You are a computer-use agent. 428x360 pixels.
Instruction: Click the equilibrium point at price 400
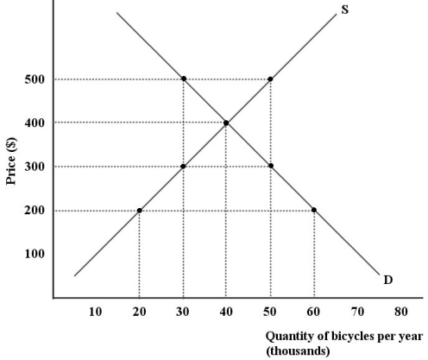tap(227, 123)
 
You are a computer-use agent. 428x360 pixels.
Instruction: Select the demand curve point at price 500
tap(184, 79)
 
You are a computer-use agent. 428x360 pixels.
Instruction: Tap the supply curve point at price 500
tap(271, 79)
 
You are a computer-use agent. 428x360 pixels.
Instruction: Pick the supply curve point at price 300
tap(184, 167)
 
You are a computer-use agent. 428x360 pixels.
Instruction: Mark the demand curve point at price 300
tap(271, 167)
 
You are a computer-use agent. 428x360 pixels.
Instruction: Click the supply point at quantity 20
tap(140, 211)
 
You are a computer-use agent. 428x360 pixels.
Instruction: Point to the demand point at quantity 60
tap(314, 211)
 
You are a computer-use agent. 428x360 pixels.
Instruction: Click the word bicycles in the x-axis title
tap(339, 337)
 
